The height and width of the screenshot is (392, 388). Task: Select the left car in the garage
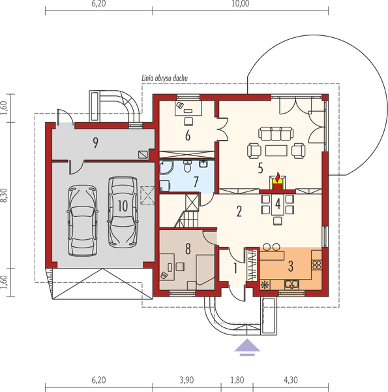click(82, 219)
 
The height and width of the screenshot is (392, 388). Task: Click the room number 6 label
click(187, 135)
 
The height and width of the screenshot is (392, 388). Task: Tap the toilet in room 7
click(187, 168)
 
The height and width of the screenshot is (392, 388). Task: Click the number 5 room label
click(260, 168)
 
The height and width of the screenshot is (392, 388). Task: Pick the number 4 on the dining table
click(278, 203)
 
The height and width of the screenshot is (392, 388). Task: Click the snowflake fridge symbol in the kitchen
click(265, 285)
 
